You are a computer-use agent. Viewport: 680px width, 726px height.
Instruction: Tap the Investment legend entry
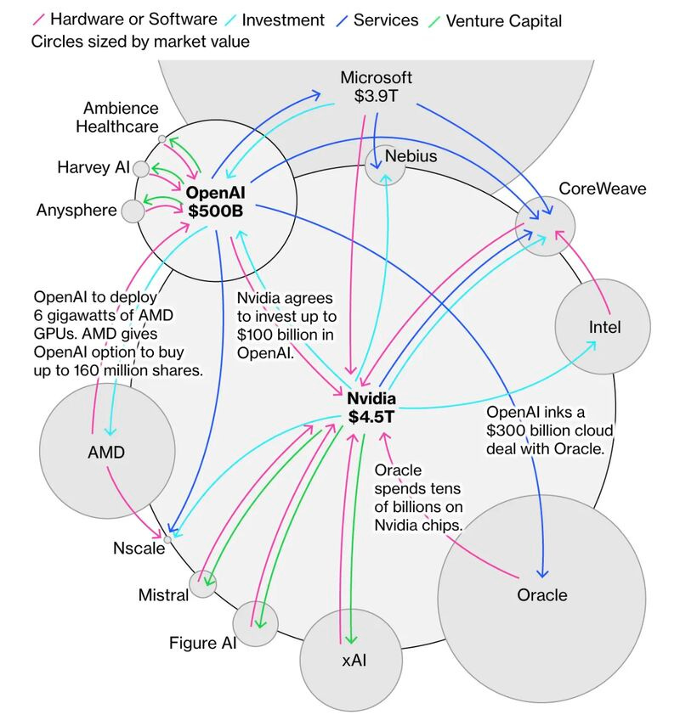tap(280, 20)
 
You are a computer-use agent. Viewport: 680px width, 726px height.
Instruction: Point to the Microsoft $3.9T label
tap(377, 86)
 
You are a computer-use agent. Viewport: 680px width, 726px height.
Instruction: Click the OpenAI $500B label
tap(216, 201)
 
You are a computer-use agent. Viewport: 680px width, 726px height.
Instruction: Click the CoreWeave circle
tap(545, 225)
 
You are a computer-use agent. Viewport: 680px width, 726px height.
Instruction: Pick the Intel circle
tap(603, 327)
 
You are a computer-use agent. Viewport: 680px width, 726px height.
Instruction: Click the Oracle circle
tap(541, 594)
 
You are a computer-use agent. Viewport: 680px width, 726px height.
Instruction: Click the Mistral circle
tap(203, 582)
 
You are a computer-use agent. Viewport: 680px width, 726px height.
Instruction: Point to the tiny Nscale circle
tap(167, 538)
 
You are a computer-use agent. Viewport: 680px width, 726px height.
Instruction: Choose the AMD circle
tap(105, 453)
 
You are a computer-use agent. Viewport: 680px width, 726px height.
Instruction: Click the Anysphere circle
tap(133, 211)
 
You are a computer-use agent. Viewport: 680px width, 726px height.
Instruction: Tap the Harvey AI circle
tap(141, 168)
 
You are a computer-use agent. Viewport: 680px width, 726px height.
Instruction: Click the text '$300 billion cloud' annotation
tap(549, 431)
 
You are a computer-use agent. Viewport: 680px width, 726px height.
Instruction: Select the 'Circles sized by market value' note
tap(140, 42)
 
